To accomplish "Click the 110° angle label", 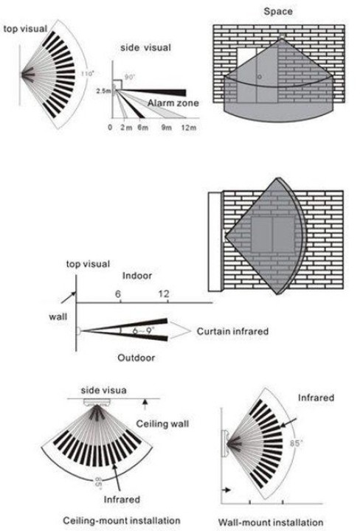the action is point(87,74).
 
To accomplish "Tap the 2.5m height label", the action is point(103,91).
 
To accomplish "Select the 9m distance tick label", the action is point(166,128).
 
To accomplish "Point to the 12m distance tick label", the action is point(189,128).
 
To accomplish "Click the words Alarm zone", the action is point(173,103).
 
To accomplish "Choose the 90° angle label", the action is point(130,77).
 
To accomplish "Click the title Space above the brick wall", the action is point(278,12).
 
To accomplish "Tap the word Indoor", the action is point(137,276).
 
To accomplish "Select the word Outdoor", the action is point(136,358).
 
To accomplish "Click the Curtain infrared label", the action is point(232,331).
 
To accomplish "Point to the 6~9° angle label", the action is point(143,330).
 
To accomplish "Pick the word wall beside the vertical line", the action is point(58,317).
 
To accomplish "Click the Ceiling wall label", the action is point(162,423).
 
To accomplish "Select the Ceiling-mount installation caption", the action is point(122,521).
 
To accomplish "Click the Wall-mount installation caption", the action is point(271,523).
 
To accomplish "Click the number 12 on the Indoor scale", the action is point(164,294).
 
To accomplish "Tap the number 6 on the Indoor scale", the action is point(118,294).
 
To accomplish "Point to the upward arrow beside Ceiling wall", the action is point(145,405).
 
